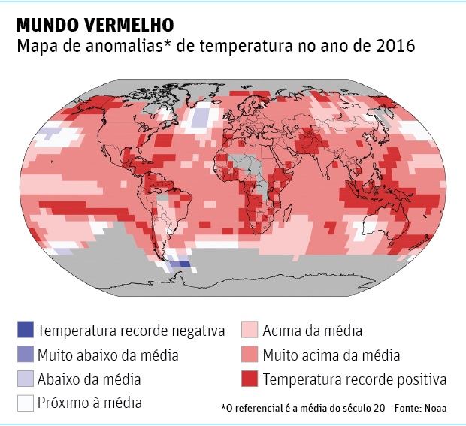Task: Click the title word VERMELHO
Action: click(x=126, y=24)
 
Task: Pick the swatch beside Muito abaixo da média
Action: click(x=26, y=355)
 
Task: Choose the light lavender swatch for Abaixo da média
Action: click(x=26, y=379)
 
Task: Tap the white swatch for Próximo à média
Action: click(x=26, y=403)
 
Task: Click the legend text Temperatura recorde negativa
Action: click(x=132, y=331)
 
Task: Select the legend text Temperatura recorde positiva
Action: click(x=355, y=379)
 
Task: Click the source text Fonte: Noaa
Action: click(x=420, y=408)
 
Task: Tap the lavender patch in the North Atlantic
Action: click(x=200, y=118)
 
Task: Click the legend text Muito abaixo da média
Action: click(x=108, y=355)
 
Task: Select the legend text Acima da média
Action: click(x=313, y=331)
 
